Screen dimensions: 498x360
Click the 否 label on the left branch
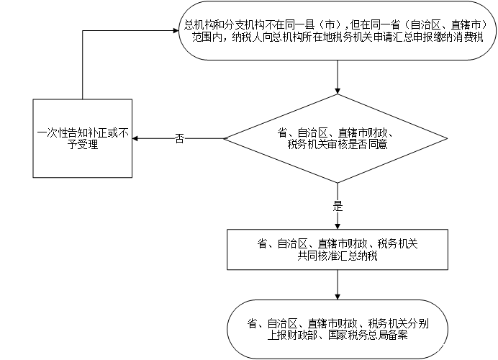coord(179,138)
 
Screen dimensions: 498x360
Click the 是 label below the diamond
coord(338,206)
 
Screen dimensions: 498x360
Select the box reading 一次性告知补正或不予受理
coord(83,138)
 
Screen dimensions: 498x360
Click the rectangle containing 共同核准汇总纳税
coord(338,249)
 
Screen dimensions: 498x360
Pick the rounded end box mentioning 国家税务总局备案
coord(338,329)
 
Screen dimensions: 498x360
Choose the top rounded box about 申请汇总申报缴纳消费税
coord(338,30)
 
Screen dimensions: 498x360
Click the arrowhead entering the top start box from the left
coord(176,30)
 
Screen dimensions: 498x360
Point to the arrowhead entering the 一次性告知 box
coord(135,138)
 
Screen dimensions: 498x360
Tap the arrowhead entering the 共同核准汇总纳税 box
coord(338,226)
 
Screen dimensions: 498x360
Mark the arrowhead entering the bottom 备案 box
coord(338,296)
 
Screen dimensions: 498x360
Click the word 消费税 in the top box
coord(468,37)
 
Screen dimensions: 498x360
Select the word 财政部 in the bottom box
coord(303,336)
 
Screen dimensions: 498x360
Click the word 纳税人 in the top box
coord(247,37)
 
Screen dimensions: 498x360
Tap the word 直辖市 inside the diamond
coord(353,132)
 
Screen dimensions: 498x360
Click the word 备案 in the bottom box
coord(398,336)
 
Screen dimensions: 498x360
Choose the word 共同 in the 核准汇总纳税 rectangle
coord(307,256)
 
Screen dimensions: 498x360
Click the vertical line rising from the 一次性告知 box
coord(83,65)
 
